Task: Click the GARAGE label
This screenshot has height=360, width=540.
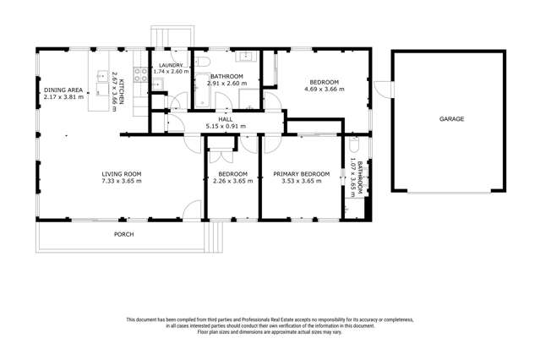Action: [450, 119]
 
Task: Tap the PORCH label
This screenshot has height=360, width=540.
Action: [124, 234]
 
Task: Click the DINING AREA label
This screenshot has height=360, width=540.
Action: [63, 89]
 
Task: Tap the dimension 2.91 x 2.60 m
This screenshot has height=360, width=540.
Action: [227, 84]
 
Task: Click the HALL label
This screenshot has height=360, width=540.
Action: [226, 120]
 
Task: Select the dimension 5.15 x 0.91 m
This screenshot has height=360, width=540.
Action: [226, 127]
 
